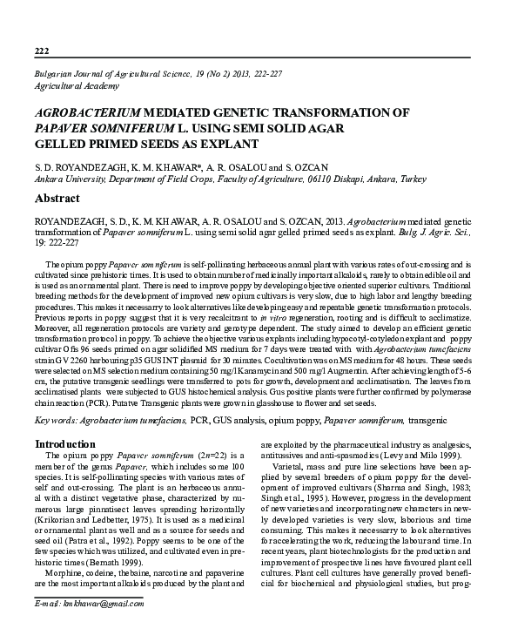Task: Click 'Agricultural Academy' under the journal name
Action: (77, 85)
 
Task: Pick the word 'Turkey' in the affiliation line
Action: (407, 179)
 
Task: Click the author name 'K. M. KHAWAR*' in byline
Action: (149, 166)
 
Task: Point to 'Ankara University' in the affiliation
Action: (69, 179)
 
